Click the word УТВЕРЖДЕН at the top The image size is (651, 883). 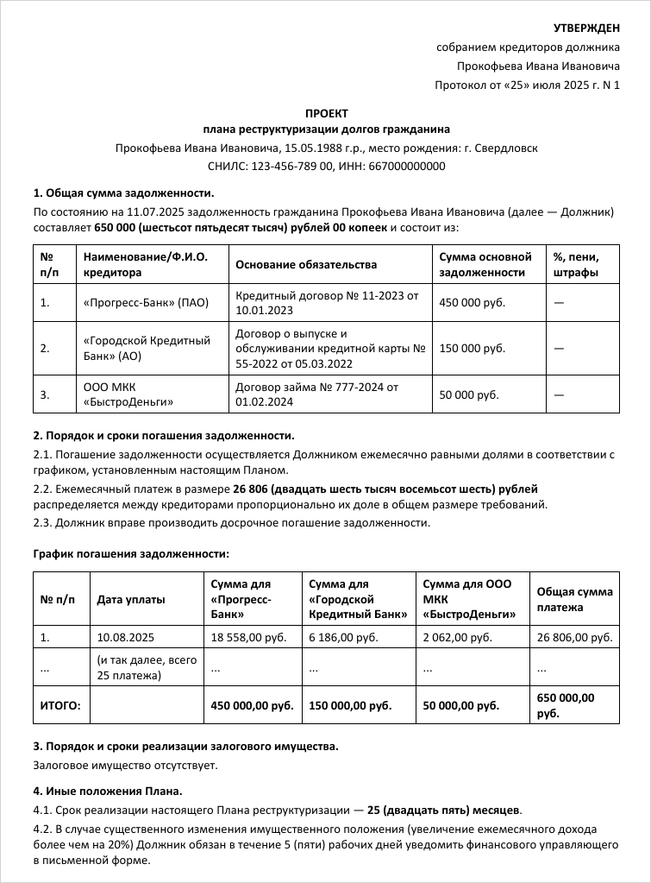click(586, 29)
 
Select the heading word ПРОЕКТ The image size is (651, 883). click(327, 113)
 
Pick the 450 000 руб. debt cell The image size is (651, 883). click(473, 303)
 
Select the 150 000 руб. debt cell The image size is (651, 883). click(473, 348)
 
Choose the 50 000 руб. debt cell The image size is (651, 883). click(469, 394)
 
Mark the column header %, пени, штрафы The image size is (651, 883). click(576, 264)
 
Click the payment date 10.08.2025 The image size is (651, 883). click(126, 638)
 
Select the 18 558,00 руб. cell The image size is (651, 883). click(246, 638)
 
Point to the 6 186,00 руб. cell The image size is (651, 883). click(343, 638)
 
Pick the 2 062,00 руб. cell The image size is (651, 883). click(458, 638)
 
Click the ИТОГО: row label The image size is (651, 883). click(60, 705)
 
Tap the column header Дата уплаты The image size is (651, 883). click(131, 599)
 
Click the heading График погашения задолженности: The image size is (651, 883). click(131, 553)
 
